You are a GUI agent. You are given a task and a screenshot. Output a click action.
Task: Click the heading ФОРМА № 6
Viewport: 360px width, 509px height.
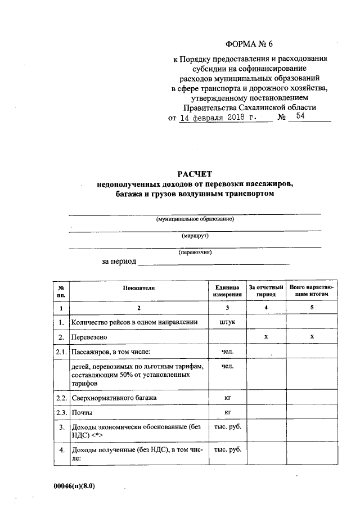pyautogui.click(x=251, y=44)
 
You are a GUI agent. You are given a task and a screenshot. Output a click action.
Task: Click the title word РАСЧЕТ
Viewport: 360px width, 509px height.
pyautogui.click(x=195, y=174)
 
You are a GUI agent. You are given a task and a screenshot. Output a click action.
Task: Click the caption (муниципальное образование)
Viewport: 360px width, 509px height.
pyautogui.click(x=195, y=219)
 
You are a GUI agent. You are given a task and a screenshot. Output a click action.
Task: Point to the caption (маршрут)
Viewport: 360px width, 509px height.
pyautogui.click(x=195, y=236)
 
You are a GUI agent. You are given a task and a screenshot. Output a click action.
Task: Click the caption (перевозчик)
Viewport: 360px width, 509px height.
pyautogui.click(x=195, y=253)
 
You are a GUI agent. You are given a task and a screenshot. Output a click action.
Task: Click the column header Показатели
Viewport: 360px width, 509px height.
pyautogui.click(x=138, y=287)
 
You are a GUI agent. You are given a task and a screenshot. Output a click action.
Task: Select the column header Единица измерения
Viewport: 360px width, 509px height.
pyautogui.click(x=228, y=290)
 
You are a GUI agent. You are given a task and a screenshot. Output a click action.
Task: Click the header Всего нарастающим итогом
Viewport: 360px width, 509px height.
pyautogui.click(x=312, y=290)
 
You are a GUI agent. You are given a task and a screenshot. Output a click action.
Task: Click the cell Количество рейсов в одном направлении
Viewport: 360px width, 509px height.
pyautogui.click(x=134, y=322)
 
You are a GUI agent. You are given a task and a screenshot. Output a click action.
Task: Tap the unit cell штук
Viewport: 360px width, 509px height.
pyautogui.click(x=228, y=322)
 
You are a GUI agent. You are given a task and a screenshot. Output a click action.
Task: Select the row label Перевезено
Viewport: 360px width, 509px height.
pyautogui.click(x=89, y=337)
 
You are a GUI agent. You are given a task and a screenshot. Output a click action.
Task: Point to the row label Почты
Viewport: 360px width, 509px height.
pyautogui.click(x=82, y=413)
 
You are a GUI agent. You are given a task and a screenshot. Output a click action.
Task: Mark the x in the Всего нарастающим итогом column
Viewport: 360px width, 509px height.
pyautogui.click(x=311, y=336)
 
